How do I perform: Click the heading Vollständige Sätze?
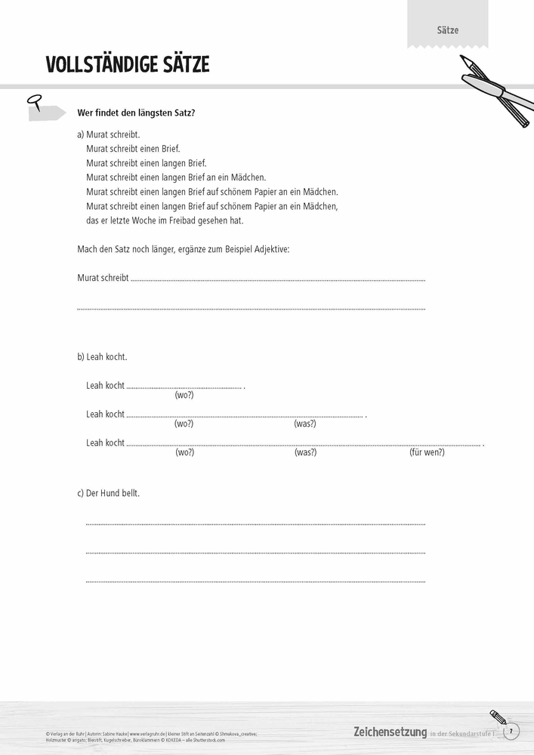coord(127,65)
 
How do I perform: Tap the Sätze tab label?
coord(447,30)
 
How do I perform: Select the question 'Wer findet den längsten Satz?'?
coord(136,112)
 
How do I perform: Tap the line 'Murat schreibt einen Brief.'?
coord(133,149)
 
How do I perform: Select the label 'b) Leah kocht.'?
coord(102,356)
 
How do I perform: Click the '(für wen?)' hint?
coord(427,452)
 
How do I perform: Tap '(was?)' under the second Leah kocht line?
coord(305,424)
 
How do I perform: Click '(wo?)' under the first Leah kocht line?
coord(184,395)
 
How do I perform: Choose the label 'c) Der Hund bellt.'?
coord(109,493)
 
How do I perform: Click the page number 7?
coord(511,731)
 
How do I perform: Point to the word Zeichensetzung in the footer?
coord(390,732)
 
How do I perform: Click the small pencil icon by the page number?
coord(496,716)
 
